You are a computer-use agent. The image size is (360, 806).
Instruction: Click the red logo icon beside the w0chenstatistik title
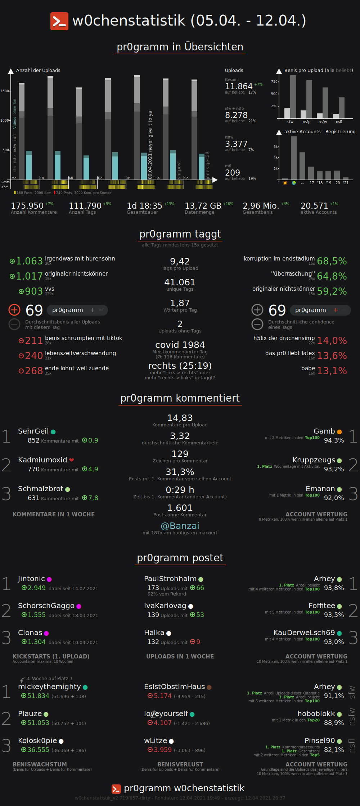[59, 21]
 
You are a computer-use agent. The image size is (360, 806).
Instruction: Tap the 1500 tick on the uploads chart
[5, 91]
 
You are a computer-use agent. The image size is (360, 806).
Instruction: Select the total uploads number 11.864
[238, 86]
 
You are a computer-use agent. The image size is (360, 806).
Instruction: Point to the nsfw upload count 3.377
[236, 144]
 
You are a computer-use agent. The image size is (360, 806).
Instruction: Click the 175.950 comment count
[27, 206]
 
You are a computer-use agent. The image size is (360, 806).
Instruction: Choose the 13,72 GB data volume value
[203, 206]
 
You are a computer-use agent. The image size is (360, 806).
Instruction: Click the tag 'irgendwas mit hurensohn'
[80, 259]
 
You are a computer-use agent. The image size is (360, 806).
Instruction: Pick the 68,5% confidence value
[332, 261]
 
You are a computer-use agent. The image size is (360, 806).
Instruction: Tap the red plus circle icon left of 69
[14, 310]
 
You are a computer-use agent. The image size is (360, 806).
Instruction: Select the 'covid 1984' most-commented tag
[180, 345]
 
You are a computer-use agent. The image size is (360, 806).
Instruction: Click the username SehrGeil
[33, 431]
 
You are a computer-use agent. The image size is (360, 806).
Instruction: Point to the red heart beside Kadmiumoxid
[72, 460]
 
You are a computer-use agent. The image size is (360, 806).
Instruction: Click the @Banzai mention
[180, 526]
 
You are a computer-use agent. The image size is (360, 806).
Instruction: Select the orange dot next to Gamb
[339, 432]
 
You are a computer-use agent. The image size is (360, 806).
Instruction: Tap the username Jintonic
[31, 579]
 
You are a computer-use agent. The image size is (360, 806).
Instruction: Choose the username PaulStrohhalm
[170, 579]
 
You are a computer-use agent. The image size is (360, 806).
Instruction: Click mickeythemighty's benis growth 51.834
[38, 696]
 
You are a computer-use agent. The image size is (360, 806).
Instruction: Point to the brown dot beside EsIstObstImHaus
[209, 687]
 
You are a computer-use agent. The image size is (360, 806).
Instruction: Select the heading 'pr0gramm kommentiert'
[180, 398]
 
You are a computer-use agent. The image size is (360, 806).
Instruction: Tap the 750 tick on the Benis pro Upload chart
[274, 82]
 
